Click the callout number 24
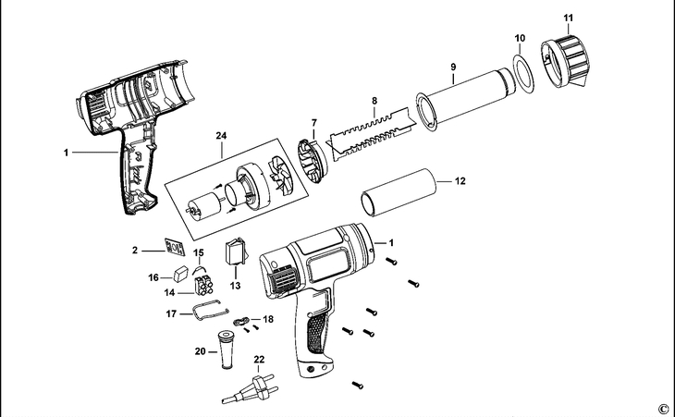221,136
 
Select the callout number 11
568,18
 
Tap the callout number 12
460,181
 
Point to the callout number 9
453,67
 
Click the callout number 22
259,359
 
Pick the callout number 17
171,314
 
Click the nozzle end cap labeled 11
566,56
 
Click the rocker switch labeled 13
237,251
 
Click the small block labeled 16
181,275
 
